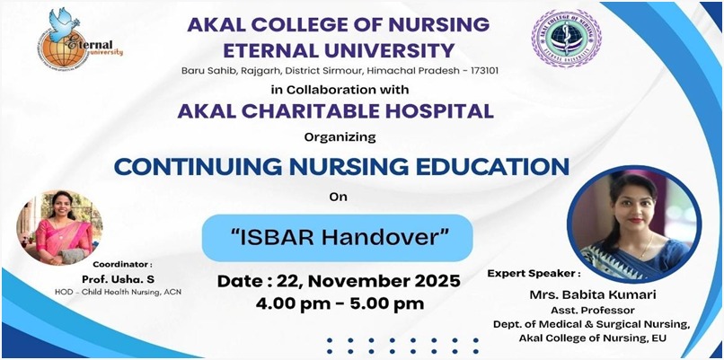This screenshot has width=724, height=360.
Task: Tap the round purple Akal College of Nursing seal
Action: pyautogui.click(x=566, y=39)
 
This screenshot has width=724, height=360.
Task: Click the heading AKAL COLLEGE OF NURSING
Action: pyautogui.click(x=339, y=24)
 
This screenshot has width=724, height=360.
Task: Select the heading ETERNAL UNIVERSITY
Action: pyautogui.click(x=339, y=49)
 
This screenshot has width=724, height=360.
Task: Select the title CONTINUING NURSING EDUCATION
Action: pyautogui.click(x=340, y=167)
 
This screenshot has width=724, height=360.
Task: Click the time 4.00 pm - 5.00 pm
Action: pyautogui.click(x=339, y=303)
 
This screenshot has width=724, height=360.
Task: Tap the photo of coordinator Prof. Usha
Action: pyautogui.click(x=59, y=225)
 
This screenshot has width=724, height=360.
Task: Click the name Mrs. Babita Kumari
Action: pyautogui.click(x=605, y=293)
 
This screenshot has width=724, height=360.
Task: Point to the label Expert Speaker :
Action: pyautogui.click(x=534, y=272)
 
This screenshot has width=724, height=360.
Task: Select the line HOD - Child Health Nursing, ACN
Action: pyautogui.click(x=129, y=292)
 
